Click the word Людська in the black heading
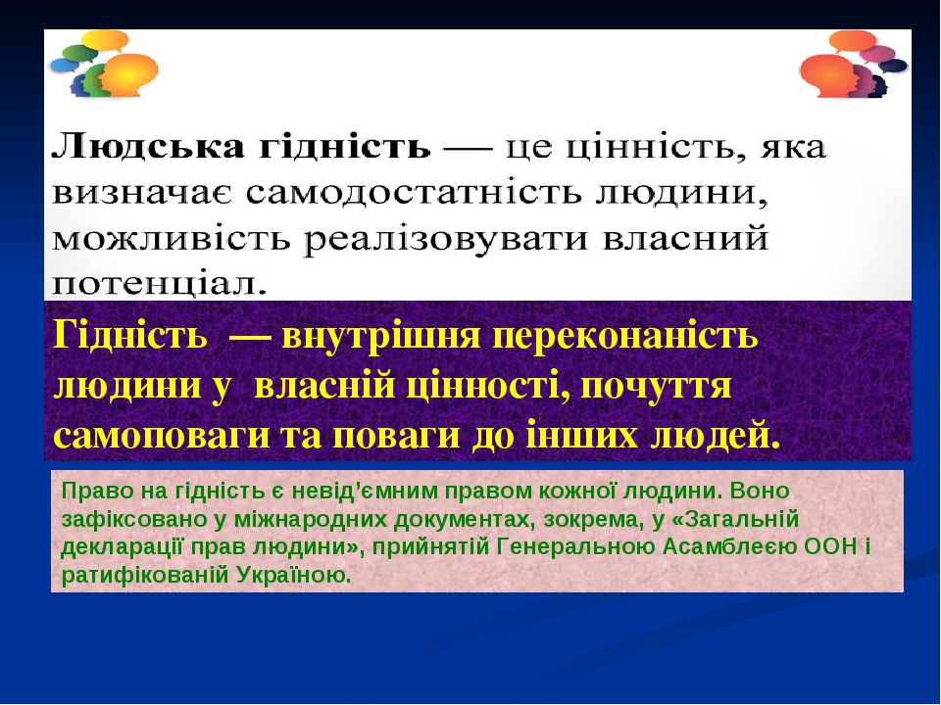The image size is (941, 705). [148, 147]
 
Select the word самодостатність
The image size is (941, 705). [414, 193]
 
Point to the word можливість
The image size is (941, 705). [172, 239]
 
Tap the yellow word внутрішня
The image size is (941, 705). [380, 336]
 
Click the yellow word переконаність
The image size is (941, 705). [625, 337]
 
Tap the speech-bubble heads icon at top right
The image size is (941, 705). [854, 64]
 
